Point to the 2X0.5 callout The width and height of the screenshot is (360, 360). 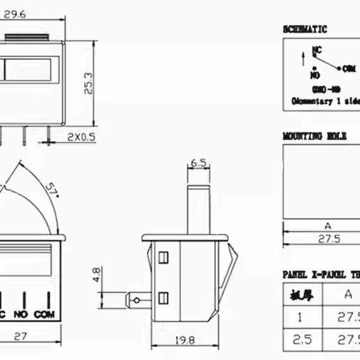click(x=82, y=135)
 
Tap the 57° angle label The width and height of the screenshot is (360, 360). click(x=52, y=191)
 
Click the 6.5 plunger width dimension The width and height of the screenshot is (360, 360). click(x=200, y=163)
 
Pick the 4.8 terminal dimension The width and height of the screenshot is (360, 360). click(x=94, y=274)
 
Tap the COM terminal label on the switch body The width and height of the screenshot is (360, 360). click(x=44, y=314)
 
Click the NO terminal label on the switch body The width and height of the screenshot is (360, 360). click(x=21, y=314)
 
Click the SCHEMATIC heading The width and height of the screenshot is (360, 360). click(x=304, y=29)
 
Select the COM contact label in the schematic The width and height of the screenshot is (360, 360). click(x=348, y=69)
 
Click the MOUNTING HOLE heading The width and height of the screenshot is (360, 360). click(x=314, y=135)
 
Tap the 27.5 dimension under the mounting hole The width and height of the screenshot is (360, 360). click(x=328, y=240)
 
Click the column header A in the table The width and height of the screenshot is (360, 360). click(x=347, y=294)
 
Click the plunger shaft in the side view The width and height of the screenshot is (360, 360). click(x=200, y=208)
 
